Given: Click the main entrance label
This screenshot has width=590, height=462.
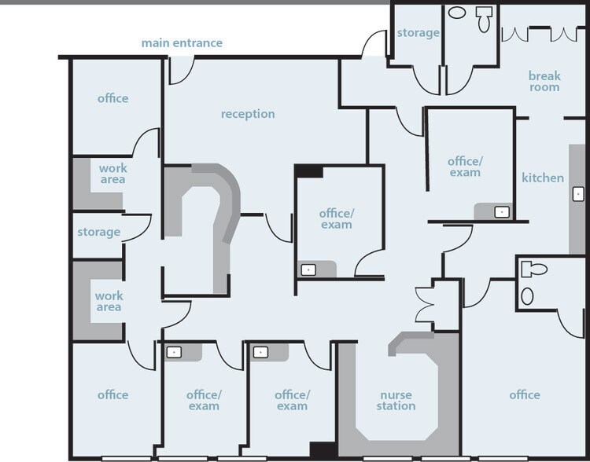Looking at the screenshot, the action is [182, 43].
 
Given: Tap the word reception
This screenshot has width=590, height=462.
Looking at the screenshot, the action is [248, 114].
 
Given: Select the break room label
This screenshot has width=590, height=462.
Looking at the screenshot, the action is [544, 81].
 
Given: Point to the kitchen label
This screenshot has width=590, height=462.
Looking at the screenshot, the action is [543, 178].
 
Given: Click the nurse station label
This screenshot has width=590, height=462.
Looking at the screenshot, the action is [396, 401].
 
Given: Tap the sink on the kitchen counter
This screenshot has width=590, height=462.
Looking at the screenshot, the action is [578, 194].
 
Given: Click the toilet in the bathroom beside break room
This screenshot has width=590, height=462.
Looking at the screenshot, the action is [484, 19].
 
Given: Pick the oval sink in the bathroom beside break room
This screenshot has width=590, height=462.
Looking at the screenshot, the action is [457, 13].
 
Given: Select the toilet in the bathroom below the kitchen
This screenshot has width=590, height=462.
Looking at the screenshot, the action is [534, 269].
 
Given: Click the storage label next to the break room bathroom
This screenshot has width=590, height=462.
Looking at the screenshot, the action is [418, 33].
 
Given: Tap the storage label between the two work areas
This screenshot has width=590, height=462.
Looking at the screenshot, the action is [98, 232].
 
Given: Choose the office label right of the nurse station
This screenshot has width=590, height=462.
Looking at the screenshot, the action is [525, 394].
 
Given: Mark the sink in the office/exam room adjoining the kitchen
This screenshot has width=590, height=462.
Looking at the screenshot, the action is [502, 212].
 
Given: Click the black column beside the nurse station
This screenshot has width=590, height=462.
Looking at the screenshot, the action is [323, 450].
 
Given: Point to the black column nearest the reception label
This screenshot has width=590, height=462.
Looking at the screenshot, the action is [308, 171].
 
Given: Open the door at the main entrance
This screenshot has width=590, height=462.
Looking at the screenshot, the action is [182, 70].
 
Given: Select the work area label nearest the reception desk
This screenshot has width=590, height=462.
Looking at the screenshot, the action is [112, 174].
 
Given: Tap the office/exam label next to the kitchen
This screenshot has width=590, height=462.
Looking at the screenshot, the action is [465, 167].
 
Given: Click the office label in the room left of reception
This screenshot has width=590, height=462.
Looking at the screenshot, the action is [112, 98].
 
